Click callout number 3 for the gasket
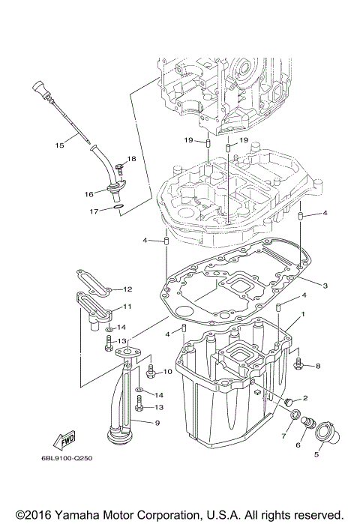pos(325,286)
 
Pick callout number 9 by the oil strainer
pos(157,423)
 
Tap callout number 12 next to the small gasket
pos(127,289)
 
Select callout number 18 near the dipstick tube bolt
pos(131,158)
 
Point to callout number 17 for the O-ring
pos(94,211)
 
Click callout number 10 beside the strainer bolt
pos(167,372)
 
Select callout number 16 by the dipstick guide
pos(88,193)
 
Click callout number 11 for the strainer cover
pos(127,307)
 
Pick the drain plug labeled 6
pos(306,425)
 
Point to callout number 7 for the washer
pos(284,436)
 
